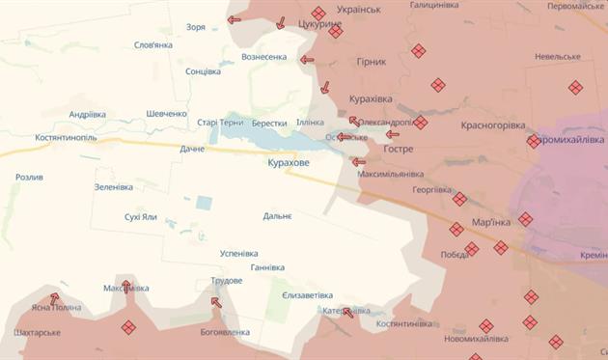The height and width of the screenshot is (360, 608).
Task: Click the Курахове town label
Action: tap(289, 163)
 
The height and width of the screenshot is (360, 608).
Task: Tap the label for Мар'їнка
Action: tap(491, 223)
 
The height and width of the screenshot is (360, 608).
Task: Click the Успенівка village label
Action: tap(239, 253)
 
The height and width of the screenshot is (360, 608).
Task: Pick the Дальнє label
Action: tap(277, 216)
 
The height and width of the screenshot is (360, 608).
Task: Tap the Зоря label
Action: tap(196, 27)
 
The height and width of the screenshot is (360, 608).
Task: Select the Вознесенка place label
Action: tap(263, 57)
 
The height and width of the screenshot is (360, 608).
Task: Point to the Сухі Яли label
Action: tap(141, 216)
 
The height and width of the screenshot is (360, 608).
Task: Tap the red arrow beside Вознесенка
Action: tap(307, 60)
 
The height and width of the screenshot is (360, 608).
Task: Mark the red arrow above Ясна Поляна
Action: tap(54, 298)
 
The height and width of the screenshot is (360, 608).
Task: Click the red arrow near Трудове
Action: tap(215, 302)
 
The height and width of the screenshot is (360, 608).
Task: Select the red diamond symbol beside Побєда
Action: tap(471, 249)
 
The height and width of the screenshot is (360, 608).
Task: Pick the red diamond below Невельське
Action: tap(575, 87)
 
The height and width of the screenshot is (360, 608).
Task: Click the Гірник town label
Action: tap(371, 62)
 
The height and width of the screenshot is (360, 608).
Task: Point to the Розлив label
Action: tap(29, 178)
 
